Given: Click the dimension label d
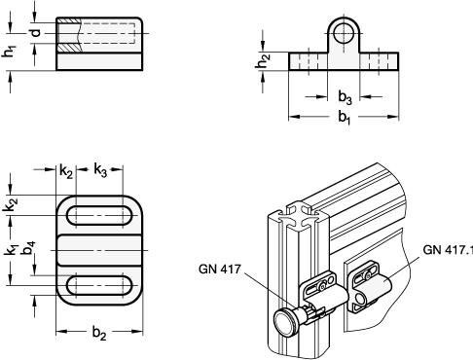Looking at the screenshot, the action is [36, 32].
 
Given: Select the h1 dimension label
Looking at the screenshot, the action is [9, 52].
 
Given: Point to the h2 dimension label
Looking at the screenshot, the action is [263, 61].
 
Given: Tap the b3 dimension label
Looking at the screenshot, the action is [345, 97].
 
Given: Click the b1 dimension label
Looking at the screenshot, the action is [345, 118].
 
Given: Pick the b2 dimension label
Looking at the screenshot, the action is [99, 333].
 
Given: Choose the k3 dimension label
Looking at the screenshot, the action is [100, 170].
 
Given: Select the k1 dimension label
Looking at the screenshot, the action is [11, 250].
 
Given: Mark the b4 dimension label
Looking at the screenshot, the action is [28, 248].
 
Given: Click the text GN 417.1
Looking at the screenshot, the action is [448, 250].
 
